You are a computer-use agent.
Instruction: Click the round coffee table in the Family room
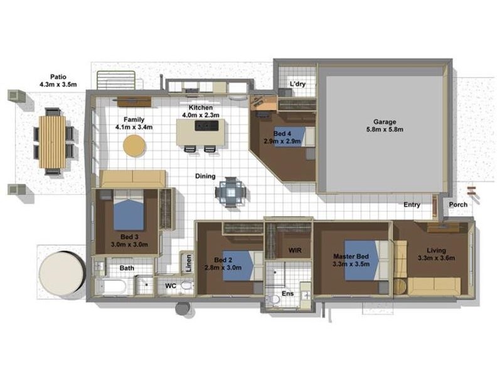(134, 146)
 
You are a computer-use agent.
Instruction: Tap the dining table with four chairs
(231, 192)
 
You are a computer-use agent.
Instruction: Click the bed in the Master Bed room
(362, 260)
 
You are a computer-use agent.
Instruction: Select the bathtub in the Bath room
(113, 288)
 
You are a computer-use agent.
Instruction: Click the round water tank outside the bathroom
(61, 274)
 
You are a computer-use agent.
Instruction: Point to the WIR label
(295, 250)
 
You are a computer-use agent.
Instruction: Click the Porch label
(457, 205)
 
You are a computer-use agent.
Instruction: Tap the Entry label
(412, 205)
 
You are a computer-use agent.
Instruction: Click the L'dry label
(296, 84)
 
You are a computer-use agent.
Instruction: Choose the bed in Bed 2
(240, 265)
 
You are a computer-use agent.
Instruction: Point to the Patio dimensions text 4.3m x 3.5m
(58, 83)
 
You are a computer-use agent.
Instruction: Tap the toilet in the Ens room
(274, 298)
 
